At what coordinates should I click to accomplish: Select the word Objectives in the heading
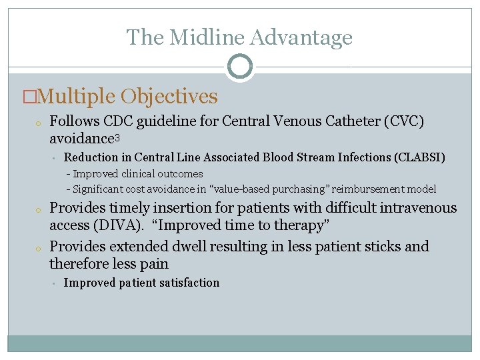(169, 97)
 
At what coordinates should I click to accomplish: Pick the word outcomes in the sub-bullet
(180, 174)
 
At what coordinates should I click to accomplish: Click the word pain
(153, 264)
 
